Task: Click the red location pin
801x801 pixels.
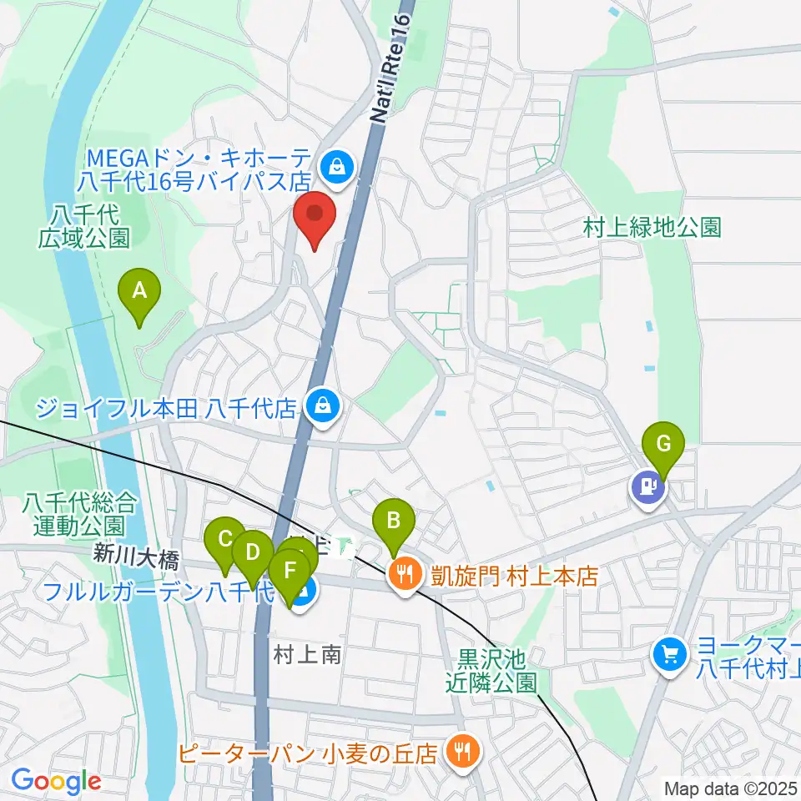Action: (315, 219)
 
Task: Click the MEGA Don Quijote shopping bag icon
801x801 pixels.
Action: (338, 166)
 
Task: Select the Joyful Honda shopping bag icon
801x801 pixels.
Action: (320, 406)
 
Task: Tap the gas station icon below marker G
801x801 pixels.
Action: (647, 486)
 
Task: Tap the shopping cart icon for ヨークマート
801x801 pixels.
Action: (670, 652)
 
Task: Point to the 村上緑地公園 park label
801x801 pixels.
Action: (652, 227)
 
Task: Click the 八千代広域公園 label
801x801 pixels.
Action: (84, 226)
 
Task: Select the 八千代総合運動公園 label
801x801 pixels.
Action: (79, 514)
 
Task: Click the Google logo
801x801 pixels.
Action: (56, 781)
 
